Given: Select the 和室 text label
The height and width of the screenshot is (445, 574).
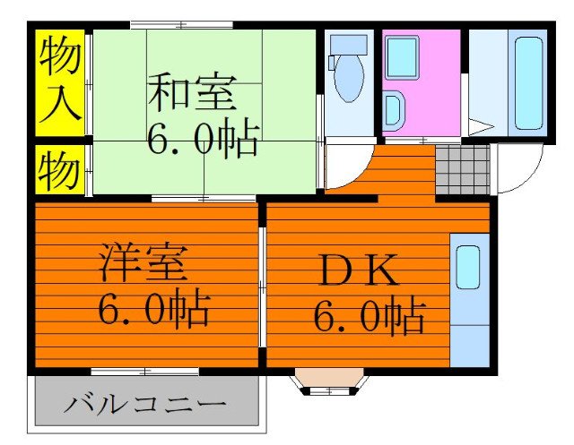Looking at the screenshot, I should click(x=191, y=94).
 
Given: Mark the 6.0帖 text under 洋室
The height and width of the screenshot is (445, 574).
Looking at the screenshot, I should click(x=154, y=311).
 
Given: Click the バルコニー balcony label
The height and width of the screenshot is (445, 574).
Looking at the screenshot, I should click(x=144, y=406).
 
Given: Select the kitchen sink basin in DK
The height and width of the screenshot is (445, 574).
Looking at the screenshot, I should click(x=468, y=267).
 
